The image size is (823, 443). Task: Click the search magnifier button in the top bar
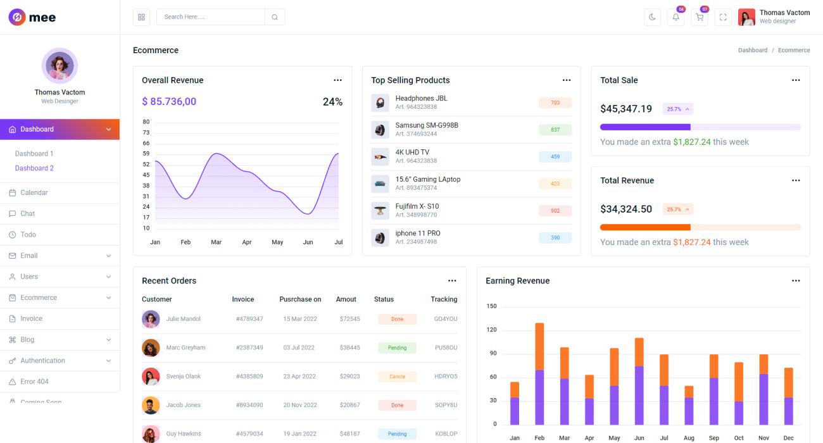[x=275, y=17]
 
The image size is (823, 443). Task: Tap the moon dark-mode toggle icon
[x=652, y=17]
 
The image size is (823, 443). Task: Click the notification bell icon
[x=675, y=17]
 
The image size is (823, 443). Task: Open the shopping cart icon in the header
[x=700, y=17]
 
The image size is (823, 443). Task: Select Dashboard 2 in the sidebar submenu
[x=34, y=168]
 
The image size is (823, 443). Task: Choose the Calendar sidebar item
[x=34, y=192]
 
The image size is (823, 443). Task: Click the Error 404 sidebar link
[x=34, y=382]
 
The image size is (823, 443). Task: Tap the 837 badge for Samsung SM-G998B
[x=555, y=130]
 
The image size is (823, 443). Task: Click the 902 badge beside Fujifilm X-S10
[x=555, y=211]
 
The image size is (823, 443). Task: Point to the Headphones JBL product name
[x=421, y=98]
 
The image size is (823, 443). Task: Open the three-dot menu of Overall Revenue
[x=337, y=80]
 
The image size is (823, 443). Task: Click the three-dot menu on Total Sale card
[x=796, y=80]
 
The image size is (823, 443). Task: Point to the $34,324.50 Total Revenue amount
[x=626, y=209]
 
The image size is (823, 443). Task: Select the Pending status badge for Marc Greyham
[x=397, y=347]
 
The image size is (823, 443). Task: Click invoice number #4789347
[x=249, y=319]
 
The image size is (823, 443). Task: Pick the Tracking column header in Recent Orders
[x=444, y=299]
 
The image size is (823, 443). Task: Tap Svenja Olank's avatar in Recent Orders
[x=151, y=377]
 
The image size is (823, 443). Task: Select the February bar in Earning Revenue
[x=539, y=373]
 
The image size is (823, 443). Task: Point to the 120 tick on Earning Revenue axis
[x=491, y=330]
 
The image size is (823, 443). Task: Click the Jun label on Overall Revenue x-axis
[x=308, y=242]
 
